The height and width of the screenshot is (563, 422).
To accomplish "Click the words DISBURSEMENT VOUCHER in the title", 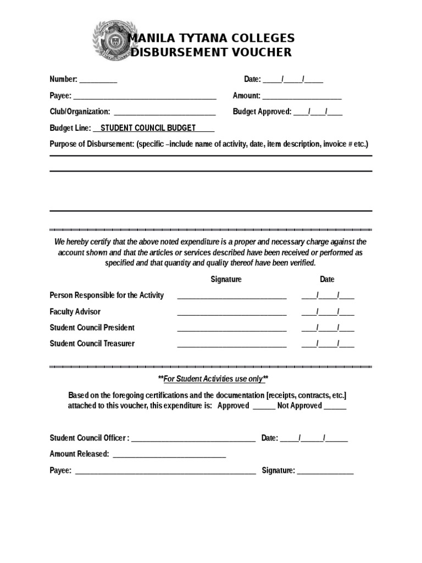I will click(210, 53).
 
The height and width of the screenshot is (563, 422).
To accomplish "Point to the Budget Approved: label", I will click(262, 112).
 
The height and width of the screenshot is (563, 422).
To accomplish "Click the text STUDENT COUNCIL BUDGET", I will click(148, 128).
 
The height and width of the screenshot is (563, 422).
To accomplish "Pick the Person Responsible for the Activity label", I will click(107, 295).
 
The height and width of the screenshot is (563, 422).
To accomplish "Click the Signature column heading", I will click(226, 279).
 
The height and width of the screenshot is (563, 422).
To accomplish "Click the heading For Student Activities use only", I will click(213, 379).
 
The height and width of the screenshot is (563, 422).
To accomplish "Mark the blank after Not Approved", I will click(335, 407).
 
